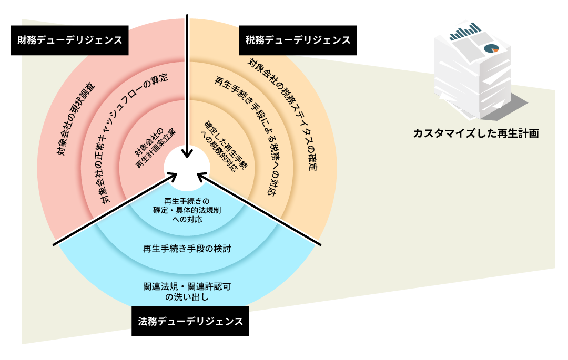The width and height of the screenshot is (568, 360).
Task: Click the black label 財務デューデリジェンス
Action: (x=69, y=40)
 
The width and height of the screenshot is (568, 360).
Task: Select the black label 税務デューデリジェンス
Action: (x=298, y=40)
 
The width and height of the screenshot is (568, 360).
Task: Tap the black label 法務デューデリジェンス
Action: (x=190, y=321)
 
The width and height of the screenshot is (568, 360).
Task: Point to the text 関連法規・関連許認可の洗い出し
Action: (x=187, y=292)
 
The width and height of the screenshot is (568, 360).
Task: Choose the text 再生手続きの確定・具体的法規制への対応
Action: (x=187, y=211)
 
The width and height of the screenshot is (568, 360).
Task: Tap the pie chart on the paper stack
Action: (x=491, y=49)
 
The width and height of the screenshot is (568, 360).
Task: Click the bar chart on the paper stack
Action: (x=466, y=32)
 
